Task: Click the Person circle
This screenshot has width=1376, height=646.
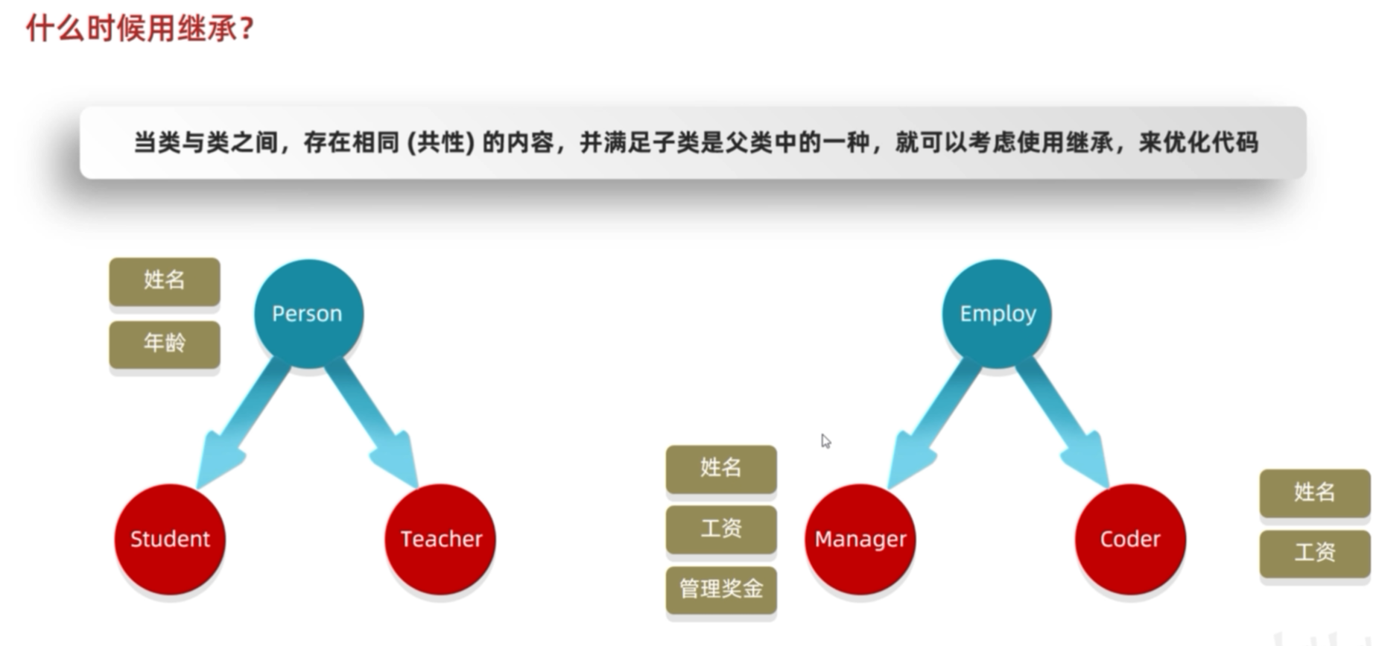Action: point(308,313)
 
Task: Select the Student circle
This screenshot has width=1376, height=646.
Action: point(170,539)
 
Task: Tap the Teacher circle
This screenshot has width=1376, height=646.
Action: point(440,539)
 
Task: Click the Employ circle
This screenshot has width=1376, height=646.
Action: point(997,313)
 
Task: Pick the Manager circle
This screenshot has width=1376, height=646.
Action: point(860,539)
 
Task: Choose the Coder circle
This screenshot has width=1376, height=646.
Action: point(1129,539)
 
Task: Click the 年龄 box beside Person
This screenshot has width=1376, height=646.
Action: point(165,343)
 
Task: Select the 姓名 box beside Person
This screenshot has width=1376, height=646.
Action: point(165,280)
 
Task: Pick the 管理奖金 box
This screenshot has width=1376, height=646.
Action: point(721,589)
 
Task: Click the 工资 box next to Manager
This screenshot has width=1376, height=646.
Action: point(721,528)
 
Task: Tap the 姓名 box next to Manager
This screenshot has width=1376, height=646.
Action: point(721,468)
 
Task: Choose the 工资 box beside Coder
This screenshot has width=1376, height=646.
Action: point(1315,553)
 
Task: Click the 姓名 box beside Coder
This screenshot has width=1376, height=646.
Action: point(1315,492)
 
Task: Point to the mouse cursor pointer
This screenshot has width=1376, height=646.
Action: point(825,441)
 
